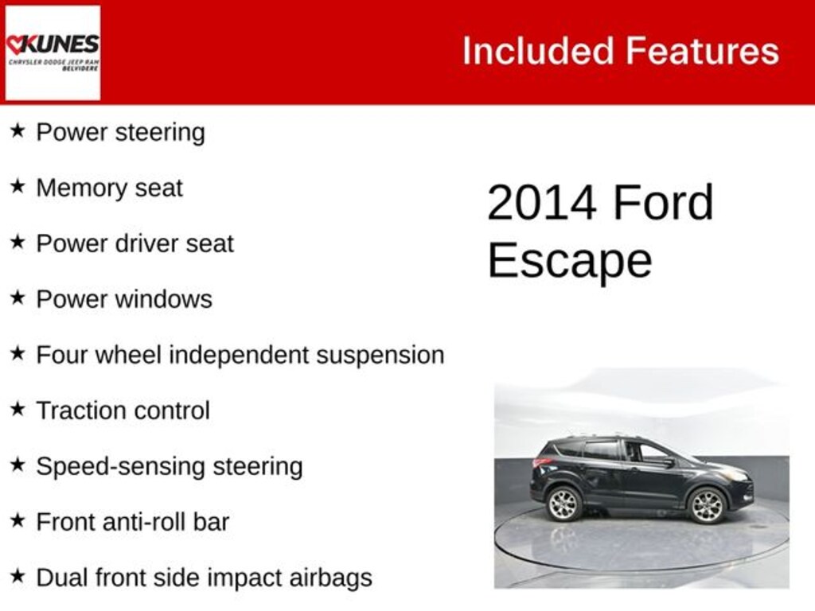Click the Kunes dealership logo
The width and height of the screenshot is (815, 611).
pyautogui.click(x=53, y=53)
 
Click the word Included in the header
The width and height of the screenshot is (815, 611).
pyautogui.click(x=536, y=51)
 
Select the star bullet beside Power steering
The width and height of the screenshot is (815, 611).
pyautogui.click(x=18, y=130)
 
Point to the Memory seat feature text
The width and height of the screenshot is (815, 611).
pyautogui.click(x=109, y=188)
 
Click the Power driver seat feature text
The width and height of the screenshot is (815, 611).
pyautogui.click(x=135, y=243)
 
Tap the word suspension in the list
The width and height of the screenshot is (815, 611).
pyautogui.click(x=380, y=355)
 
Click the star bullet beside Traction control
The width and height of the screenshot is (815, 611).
pyautogui.click(x=18, y=409)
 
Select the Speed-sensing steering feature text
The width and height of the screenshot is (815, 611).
pyautogui.click(x=169, y=466)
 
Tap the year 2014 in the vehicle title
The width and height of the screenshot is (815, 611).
pyautogui.click(x=541, y=203)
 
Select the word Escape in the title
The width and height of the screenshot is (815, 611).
pyautogui.click(x=569, y=259)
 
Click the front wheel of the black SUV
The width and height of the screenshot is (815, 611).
pyautogui.click(x=706, y=505)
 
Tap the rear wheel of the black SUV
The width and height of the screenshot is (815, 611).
pyautogui.click(x=564, y=504)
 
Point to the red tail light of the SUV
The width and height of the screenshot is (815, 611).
pyautogui.click(x=542, y=462)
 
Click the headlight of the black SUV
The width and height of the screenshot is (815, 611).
pyautogui.click(x=736, y=475)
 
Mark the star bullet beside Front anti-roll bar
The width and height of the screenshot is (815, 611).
pyautogui.click(x=18, y=520)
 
